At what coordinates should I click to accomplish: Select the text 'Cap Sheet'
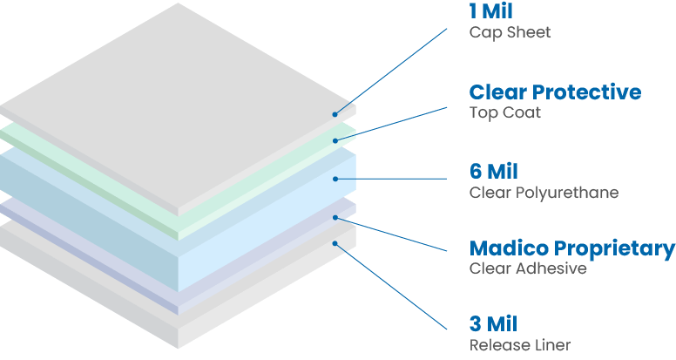pos(510,33)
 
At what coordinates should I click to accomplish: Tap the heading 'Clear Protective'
pos(555,92)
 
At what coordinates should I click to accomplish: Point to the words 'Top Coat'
pos(504,112)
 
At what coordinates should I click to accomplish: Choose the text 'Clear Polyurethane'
pos(544,193)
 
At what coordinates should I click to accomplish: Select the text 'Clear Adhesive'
pos(527,268)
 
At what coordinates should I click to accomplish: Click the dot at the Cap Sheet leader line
pos(335,113)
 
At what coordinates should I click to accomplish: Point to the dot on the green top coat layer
pos(335,139)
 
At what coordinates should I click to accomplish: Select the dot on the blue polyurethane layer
pos(335,179)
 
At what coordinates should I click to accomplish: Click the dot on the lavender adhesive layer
pos(335,216)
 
